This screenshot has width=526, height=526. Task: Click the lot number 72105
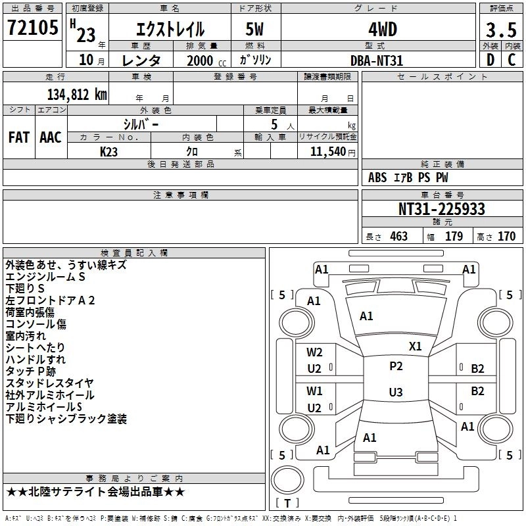click(x=32, y=28)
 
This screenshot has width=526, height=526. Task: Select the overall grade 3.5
click(x=501, y=30)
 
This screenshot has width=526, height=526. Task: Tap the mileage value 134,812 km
click(x=77, y=95)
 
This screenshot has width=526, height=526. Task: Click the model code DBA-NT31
click(x=376, y=60)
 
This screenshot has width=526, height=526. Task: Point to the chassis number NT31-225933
click(x=441, y=209)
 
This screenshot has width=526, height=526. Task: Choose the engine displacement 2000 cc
click(x=206, y=61)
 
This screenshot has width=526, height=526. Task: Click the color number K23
click(x=108, y=152)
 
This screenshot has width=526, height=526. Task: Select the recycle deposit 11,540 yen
click(x=333, y=152)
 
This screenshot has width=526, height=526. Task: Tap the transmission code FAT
click(x=19, y=137)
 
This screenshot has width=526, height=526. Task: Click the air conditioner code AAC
click(x=51, y=137)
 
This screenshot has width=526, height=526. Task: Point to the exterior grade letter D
click(x=490, y=60)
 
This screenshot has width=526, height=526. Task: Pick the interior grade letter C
click(x=512, y=60)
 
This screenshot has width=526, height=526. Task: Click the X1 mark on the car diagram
click(x=415, y=347)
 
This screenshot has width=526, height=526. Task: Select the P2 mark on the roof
click(x=396, y=366)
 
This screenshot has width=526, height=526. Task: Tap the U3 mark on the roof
click(x=396, y=392)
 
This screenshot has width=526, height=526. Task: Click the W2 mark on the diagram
click(x=314, y=352)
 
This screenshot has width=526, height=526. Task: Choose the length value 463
click(x=399, y=237)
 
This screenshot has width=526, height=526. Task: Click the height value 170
click(x=506, y=237)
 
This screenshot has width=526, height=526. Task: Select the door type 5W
click(x=254, y=29)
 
